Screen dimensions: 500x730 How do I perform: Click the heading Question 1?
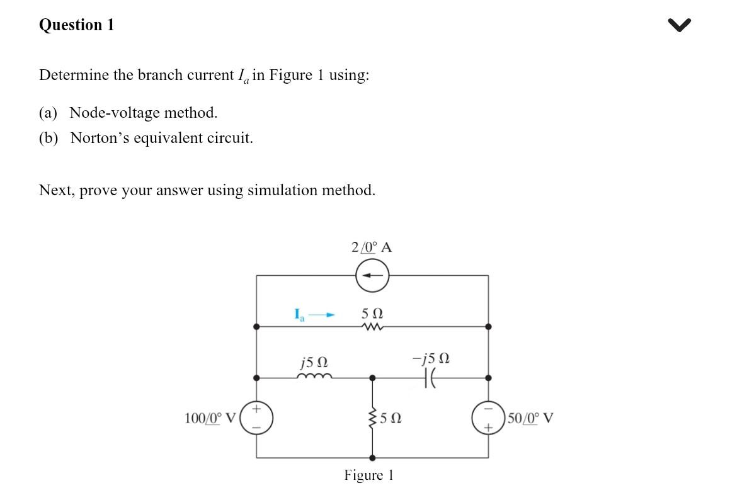(x=76, y=25)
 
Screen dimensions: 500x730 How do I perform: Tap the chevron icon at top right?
(x=680, y=25)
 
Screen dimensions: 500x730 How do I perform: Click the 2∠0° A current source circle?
(x=372, y=275)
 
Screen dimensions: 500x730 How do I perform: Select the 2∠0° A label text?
(x=372, y=247)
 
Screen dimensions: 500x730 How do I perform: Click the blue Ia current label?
(x=299, y=313)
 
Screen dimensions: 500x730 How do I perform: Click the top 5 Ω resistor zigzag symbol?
(x=372, y=327)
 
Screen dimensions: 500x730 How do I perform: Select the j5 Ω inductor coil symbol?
(x=314, y=378)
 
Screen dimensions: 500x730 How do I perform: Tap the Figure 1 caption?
(x=368, y=475)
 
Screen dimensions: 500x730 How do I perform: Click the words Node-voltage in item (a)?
(x=113, y=113)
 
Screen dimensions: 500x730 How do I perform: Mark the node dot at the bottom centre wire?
(x=372, y=458)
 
